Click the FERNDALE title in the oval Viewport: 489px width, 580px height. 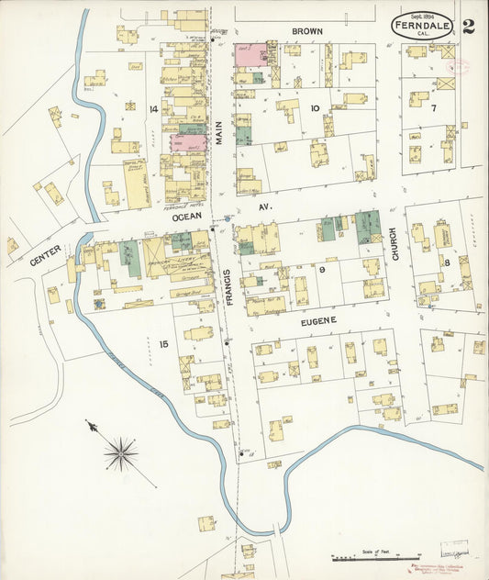(422, 27)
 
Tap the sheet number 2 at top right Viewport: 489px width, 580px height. (469, 26)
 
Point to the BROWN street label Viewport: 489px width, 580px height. (306, 31)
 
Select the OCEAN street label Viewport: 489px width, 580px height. (187, 218)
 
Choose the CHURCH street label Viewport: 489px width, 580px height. (395, 245)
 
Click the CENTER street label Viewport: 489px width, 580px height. (44, 254)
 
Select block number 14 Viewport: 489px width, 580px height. (153, 108)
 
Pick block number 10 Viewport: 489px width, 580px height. (315, 108)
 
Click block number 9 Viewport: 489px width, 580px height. (323, 270)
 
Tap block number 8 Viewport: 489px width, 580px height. (447, 262)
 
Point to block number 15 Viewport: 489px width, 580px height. (163, 344)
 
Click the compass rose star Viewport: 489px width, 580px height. (120, 452)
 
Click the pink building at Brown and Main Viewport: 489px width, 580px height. (250, 53)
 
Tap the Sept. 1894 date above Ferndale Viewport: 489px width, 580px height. (422, 16)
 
